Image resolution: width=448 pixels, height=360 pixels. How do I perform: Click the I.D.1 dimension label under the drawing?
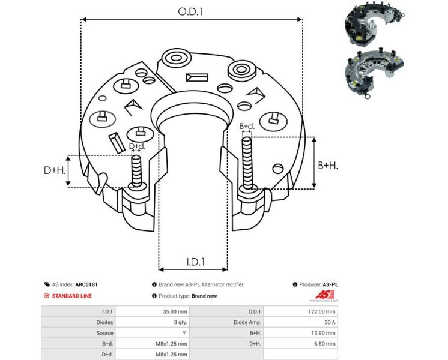click(x=195, y=262)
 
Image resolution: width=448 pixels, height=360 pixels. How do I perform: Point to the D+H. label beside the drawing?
click(x=54, y=170)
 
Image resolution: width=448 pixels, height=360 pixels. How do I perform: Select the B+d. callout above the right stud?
click(x=246, y=126)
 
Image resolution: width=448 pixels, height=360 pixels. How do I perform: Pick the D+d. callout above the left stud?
click(x=137, y=146)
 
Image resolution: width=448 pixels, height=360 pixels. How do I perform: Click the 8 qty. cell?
click(x=178, y=322)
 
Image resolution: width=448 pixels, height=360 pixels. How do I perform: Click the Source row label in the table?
click(x=104, y=333)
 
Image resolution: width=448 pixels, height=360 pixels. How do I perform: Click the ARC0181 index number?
click(x=88, y=285)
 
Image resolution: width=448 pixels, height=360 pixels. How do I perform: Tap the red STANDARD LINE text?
click(x=72, y=296)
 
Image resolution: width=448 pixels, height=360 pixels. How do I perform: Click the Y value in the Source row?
click(x=186, y=333)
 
